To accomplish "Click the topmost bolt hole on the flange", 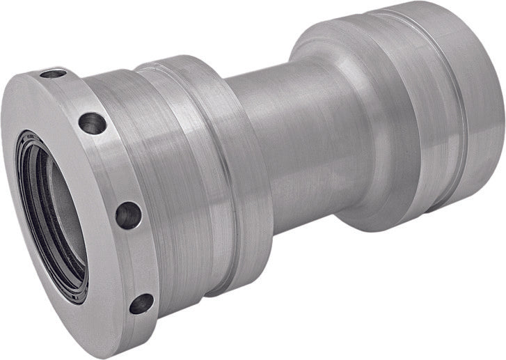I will (53, 72).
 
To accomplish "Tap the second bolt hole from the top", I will (92, 123).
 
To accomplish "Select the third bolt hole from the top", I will (129, 214).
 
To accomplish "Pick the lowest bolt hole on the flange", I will (141, 303).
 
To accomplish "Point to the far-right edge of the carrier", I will (503, 118).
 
